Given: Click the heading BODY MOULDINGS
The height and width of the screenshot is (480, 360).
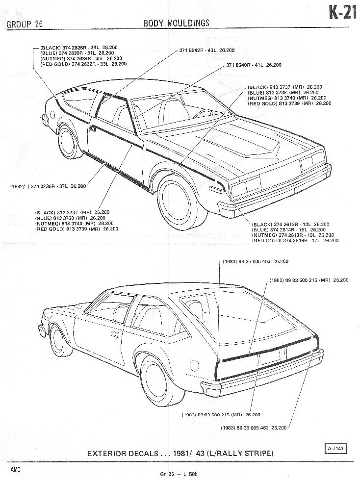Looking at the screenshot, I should click(x=176, y=23).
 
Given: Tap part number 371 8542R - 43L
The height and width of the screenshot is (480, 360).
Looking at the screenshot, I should click(x=206, y=51).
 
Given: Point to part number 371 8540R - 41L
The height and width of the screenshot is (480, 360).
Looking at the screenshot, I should click(x=254, y=65).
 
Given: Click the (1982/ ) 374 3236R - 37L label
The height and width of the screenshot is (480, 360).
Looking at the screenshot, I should click(x=48, y=186).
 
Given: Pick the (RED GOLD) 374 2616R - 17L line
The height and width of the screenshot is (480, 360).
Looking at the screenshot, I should click(x=294, y=241).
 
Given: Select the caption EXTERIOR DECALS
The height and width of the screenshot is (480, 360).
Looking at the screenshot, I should click(x=181, y=453).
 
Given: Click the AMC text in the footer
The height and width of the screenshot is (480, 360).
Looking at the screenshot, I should click(x=15, y=469).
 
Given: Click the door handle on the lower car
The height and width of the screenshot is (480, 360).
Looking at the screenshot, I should click(x=115, y=334).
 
